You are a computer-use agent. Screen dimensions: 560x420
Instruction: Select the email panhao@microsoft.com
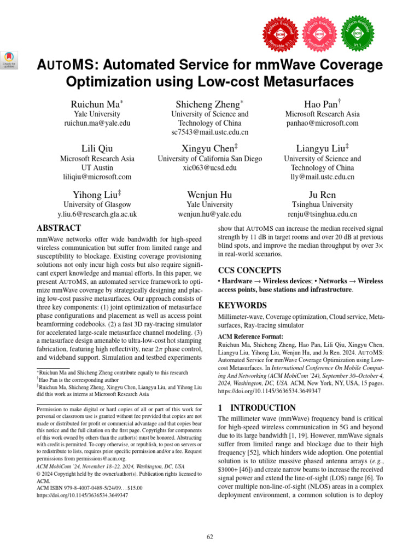coord(323,123)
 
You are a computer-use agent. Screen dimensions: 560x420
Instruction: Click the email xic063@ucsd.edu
coord(210,168)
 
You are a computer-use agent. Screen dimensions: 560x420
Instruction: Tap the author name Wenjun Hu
coord(210,195)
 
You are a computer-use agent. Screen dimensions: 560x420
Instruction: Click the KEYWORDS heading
coord(243,305)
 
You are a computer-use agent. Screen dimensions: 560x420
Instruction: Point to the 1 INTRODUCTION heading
coord(249,407)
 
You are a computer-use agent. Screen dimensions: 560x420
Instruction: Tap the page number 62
coord(210,538)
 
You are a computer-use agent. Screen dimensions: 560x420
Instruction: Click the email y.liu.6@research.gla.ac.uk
coord(97,214)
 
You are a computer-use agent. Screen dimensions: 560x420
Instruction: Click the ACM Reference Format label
coord(251,336)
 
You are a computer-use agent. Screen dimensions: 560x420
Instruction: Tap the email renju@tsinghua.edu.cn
coord(323,214)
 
